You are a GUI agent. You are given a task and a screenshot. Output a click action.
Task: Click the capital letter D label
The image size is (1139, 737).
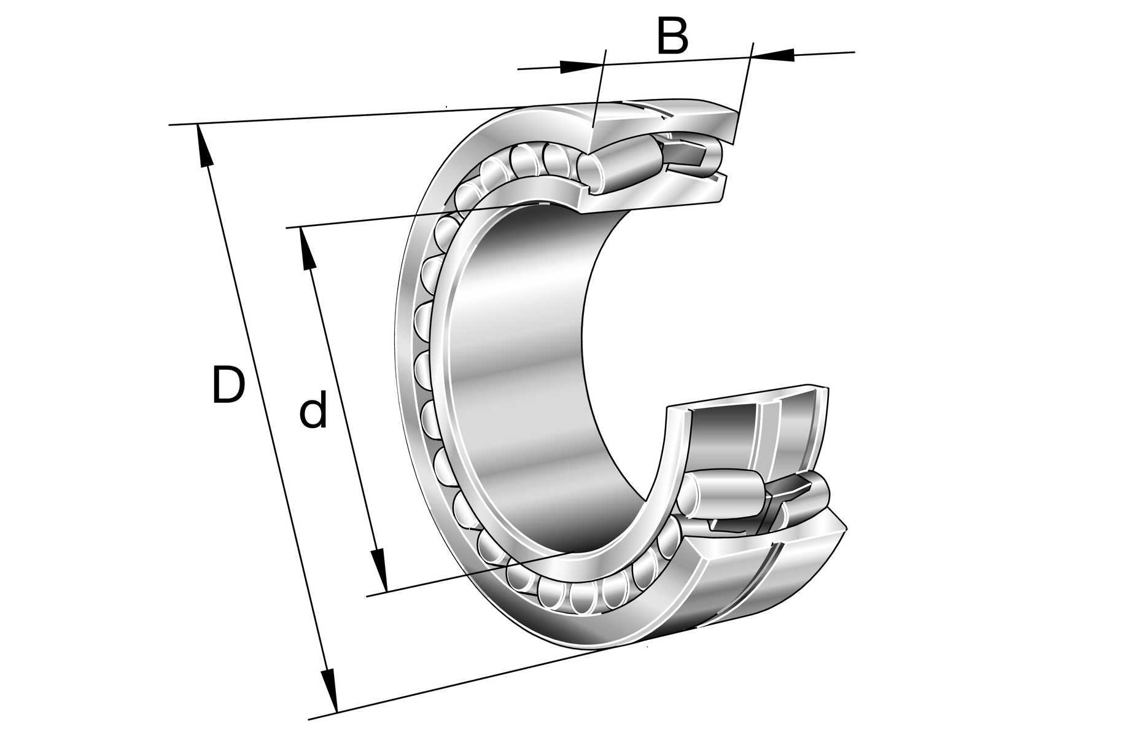point(228,385)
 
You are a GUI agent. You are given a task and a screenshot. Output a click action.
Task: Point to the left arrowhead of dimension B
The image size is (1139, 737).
point(580,66)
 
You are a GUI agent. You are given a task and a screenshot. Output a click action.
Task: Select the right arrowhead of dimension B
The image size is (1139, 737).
point(772,54)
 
